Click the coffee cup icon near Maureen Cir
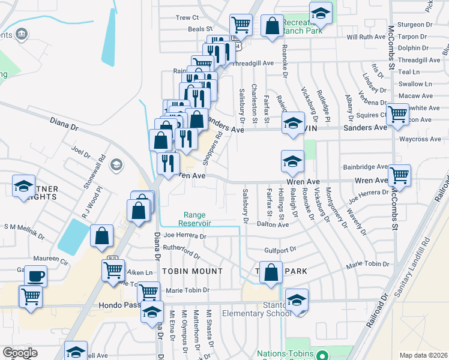coord(35,277)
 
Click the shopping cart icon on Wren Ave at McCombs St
coord(399,176)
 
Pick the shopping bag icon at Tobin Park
coord(271,271)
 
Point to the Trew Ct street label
coord(187,18)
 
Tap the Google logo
coord(20,353)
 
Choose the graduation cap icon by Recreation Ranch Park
coord(321,13)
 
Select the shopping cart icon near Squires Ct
coord(397,114)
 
